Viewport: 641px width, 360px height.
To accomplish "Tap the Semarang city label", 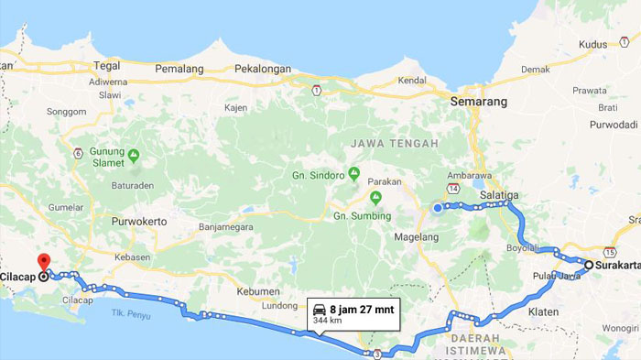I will (x=478, y=103).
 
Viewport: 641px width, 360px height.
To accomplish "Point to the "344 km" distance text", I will (x=327, y=322).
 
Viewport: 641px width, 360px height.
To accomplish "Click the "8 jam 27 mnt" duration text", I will (x=362, y=309).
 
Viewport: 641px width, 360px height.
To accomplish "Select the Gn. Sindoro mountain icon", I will (x=353, y=173).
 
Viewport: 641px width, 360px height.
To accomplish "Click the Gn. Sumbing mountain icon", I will (x=375, y=197).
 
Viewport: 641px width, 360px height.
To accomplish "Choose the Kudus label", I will (x=592, y=44).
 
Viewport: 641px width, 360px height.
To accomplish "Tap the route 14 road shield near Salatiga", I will (x=454, y=189).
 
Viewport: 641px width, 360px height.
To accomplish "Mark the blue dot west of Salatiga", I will (x=438, y=208).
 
